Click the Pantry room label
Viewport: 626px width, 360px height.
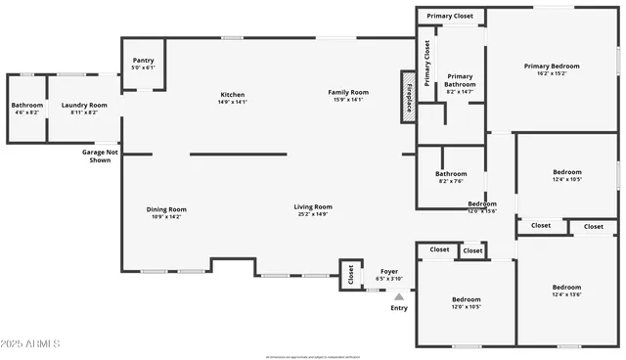[x=143, y=63]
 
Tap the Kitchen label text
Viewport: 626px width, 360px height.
[x=232, y=97]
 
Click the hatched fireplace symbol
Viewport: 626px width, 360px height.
[x=408, y=98]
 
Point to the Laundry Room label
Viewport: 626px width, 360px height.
[x=83, y=108]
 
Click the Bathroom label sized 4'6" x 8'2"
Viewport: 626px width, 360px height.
[x=26, y=108]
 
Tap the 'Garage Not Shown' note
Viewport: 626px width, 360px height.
[x=99, y=157]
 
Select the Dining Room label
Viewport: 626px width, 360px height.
[x=165, y=211]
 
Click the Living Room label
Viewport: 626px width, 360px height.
[x=313, y=209]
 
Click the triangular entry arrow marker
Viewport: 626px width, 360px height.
[x=398, y=295]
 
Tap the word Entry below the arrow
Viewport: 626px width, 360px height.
[x=399, y=308]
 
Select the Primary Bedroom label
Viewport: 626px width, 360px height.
[x=552, y=68]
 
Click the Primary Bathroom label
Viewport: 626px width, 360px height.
[x=460, y=82]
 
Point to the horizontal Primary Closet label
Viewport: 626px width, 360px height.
[x=450, y=16]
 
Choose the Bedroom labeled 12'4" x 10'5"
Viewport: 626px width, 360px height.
[x=566, y=174]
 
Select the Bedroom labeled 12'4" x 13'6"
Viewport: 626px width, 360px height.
[x=566, y=290]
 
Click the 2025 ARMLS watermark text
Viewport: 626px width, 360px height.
[x=30, y=344]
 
